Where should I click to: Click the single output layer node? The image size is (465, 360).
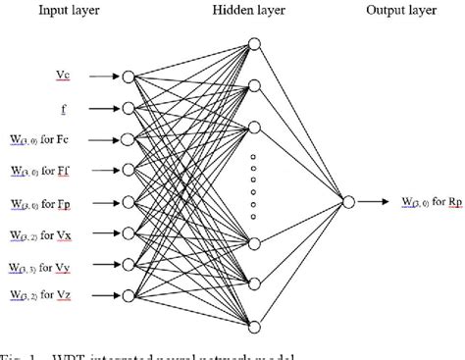(347, 202)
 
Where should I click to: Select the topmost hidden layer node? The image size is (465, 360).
(253, 44)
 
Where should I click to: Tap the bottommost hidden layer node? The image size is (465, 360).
(253, 328)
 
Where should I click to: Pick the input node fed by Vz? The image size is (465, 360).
(128, 296)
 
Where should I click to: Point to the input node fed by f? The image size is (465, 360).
(128, 108)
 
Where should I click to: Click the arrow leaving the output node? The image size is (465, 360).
(371, 202)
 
